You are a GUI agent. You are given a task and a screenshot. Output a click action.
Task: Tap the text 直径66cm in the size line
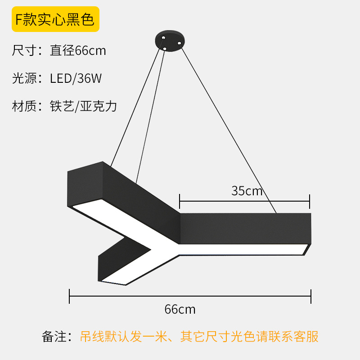point(78,50)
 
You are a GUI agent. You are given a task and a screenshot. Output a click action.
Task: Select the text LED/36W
point(76,78)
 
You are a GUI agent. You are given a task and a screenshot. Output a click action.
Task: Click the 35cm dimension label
point(247,190)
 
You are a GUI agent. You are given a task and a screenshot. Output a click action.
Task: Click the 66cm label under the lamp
point(180,310)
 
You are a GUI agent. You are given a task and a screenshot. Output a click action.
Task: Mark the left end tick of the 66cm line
point(69,296)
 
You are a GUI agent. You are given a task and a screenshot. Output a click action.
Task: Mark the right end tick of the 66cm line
point(311,296)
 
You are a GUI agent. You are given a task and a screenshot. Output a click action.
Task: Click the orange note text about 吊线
point(199,336)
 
